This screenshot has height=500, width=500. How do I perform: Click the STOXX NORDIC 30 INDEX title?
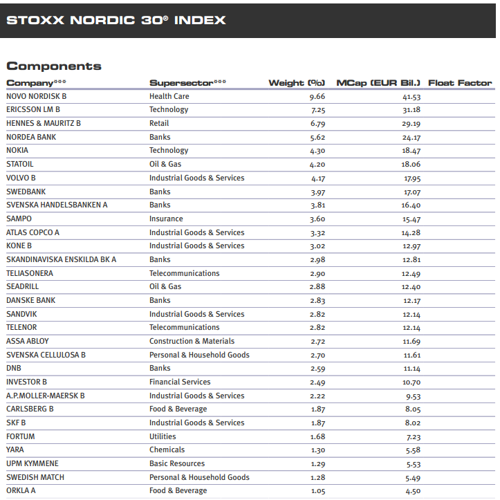click(116, 20)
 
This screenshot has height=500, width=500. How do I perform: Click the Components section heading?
click(54, 66)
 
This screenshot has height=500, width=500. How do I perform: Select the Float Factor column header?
click(460, 83)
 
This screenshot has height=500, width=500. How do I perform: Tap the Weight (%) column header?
click(297, 83)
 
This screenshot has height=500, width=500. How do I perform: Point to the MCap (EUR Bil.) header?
click(378, 83)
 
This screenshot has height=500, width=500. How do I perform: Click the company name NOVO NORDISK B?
click(36, 96)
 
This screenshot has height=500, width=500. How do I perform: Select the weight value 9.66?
click(317, 96)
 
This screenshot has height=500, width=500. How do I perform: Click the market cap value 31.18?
click(411, 110)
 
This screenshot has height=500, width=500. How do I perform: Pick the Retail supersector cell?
click(159, 123)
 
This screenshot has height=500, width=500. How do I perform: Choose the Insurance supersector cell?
click(166, 219)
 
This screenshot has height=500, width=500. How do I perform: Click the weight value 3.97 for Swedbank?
click(317, 192)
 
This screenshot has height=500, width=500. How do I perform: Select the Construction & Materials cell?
click(192, 341)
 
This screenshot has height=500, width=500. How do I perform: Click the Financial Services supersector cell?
click(180, 382)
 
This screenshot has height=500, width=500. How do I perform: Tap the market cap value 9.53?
click(413, 396)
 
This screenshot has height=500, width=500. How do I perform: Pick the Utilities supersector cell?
click(163, 436)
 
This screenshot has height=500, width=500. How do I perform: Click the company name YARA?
click(16, 450)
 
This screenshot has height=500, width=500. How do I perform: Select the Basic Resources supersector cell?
click(177, 463)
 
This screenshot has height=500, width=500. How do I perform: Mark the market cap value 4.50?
click(413, 490)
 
